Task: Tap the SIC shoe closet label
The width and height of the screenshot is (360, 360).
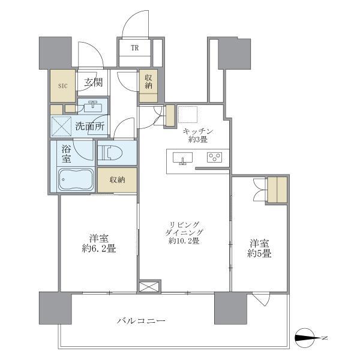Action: click(x=62, y=85)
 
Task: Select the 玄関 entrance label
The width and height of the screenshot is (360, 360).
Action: click(x=92, y=83)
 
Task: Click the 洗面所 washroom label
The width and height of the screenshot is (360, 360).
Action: click(x=90, y=127)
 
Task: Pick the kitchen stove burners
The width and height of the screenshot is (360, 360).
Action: click(x=214, y=158)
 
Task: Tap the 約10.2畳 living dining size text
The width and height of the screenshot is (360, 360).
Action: click(x=184, y=241)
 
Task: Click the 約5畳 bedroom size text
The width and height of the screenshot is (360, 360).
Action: click(x=259, y=253)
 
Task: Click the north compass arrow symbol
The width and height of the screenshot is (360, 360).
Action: click(x=310, y=339)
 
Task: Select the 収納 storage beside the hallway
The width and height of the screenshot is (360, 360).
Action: click(x=146, y=81)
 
